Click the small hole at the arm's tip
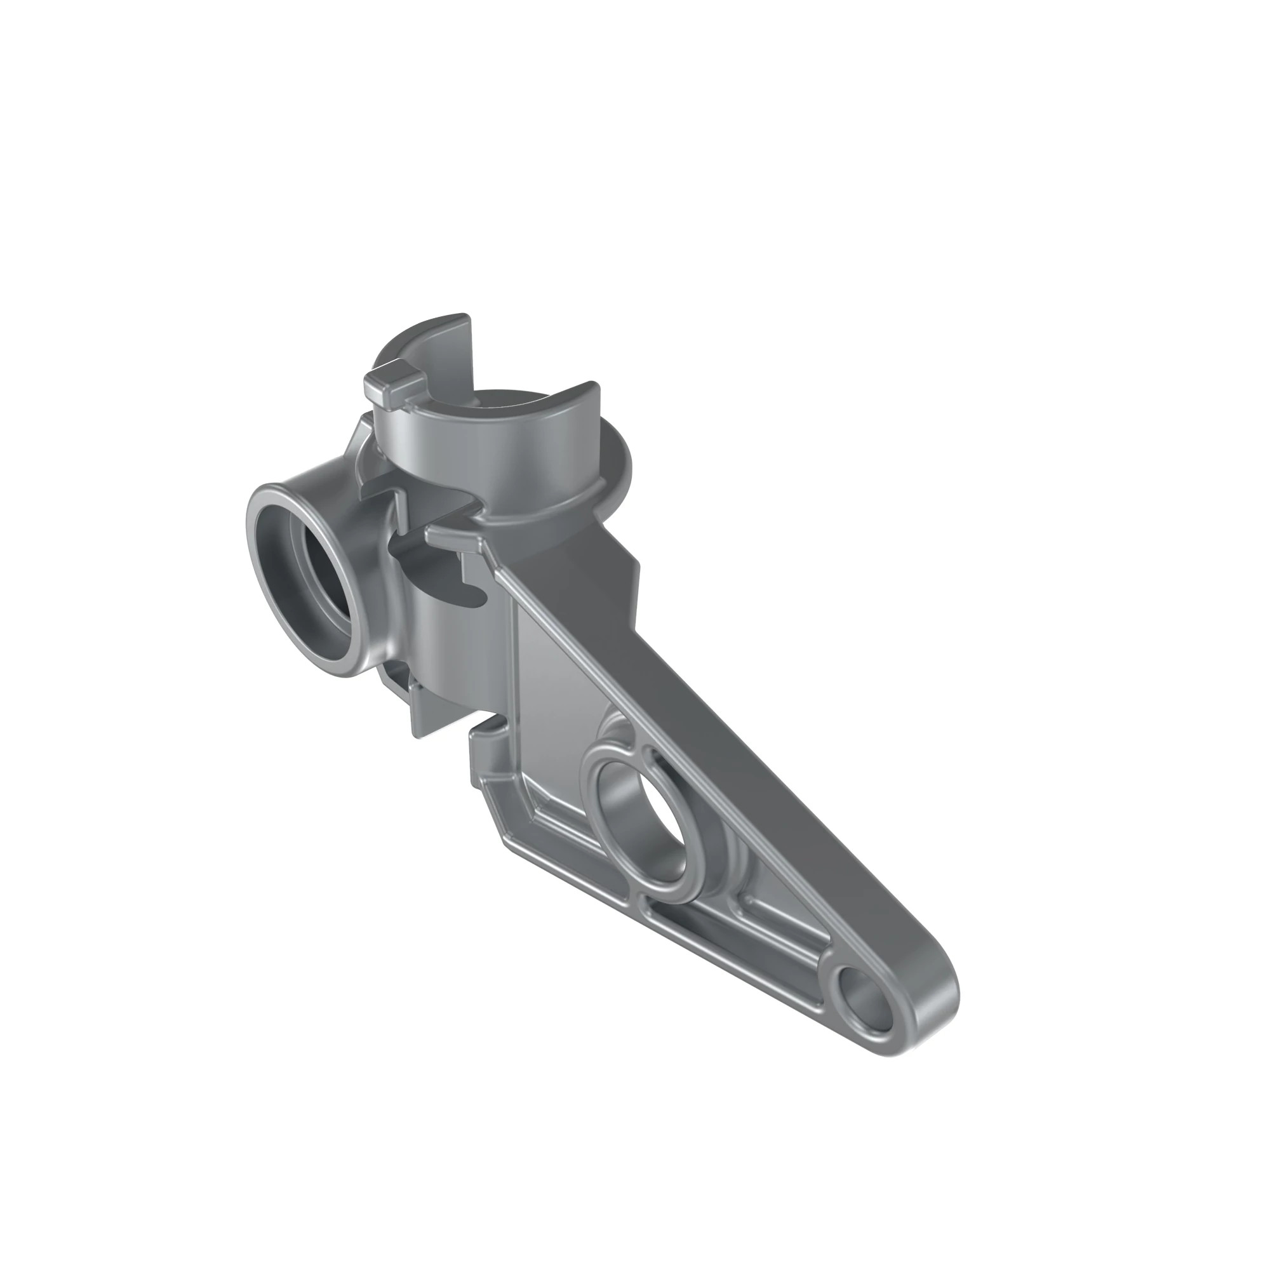[866, 1009]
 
